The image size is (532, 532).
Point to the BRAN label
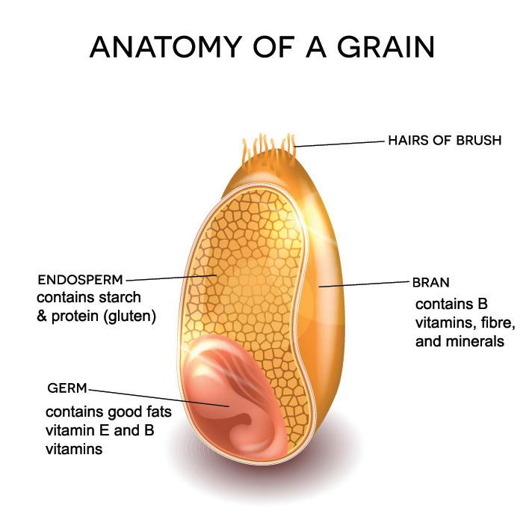click(x=430, y=284)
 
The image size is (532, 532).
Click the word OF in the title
click(x=281, y=47)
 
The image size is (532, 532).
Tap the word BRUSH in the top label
click(x=478, y=140)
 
